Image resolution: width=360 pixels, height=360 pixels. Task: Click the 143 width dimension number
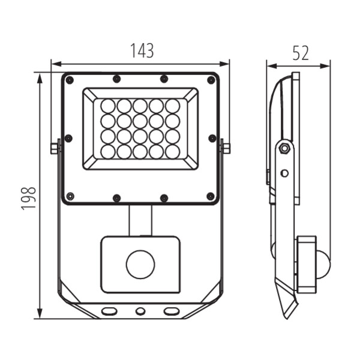142,50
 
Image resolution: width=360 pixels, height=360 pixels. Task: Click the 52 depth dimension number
301,53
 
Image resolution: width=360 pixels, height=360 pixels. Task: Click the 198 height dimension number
29,199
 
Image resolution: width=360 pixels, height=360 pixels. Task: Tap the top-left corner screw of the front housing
70,80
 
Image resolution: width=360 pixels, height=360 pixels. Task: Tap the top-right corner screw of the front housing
211,80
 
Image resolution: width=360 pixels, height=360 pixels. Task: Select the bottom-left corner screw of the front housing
70,196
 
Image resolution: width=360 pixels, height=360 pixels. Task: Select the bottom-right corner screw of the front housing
211,196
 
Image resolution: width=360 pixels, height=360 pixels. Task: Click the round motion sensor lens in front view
140,264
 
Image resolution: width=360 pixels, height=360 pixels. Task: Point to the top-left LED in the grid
108,106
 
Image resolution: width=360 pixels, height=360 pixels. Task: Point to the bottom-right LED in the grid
172,152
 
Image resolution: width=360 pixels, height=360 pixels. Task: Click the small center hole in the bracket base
140,311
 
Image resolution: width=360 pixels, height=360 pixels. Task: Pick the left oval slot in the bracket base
109,311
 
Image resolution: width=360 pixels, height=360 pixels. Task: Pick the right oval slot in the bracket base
171,311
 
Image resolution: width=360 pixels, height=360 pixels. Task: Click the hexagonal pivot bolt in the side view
284,148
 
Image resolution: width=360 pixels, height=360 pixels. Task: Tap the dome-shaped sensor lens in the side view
323,265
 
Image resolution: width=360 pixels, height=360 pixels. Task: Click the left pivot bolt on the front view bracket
55,149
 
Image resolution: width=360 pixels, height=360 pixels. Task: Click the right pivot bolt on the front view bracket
226,149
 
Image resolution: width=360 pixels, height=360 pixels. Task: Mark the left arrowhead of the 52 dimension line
271,67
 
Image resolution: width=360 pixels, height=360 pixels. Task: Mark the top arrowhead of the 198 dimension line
40,79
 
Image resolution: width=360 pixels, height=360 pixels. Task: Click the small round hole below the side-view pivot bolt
284,173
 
